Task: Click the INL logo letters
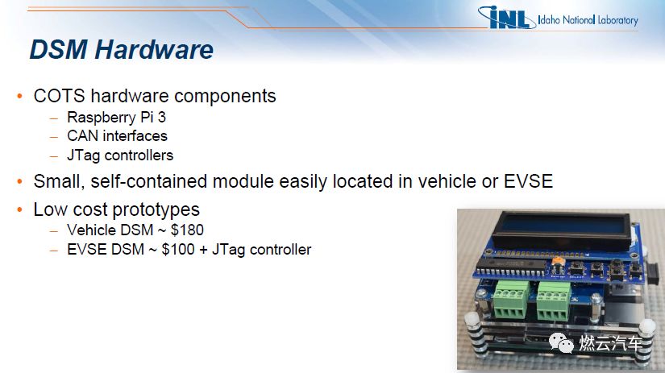(507, 18)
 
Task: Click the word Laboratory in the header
(617, 20)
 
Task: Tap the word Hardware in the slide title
(154, 50)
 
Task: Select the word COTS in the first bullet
(60, 96)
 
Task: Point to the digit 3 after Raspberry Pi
(161, 117)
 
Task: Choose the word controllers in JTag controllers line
(139, 155)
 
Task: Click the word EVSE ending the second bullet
(528, 181)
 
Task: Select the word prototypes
(156, 210)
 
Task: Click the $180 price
(187, 230)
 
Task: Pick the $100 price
(177, 249)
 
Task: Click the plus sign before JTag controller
(203, 250)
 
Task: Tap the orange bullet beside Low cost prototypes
(19, 209)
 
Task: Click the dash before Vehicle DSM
(54, 231)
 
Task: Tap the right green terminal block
(554, 302)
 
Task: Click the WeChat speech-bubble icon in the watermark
(561, 342)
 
